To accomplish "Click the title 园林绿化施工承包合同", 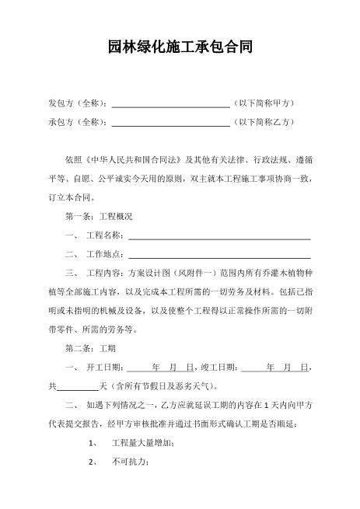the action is [180, 48].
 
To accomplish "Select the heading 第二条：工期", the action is [91, 347].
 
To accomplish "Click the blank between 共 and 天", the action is [79, 385].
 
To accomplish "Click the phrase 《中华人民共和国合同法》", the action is [131, 159].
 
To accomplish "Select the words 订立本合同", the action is [70, 197].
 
